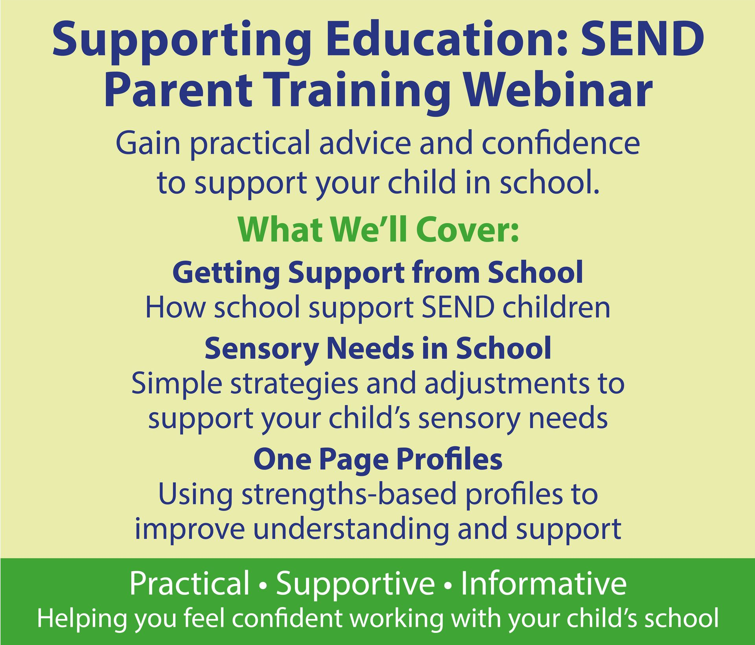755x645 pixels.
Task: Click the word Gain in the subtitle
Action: (x=148, y=143)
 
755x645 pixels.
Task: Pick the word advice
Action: (x=365, y=143)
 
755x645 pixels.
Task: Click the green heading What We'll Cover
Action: (x=378, y=229)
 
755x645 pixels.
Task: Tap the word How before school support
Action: (x=175, y=307)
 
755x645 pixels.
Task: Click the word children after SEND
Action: (x=557, y=307)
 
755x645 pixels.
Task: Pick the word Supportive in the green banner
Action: (x=355, y=583)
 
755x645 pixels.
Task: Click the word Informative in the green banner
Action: (x=543, y=583)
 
